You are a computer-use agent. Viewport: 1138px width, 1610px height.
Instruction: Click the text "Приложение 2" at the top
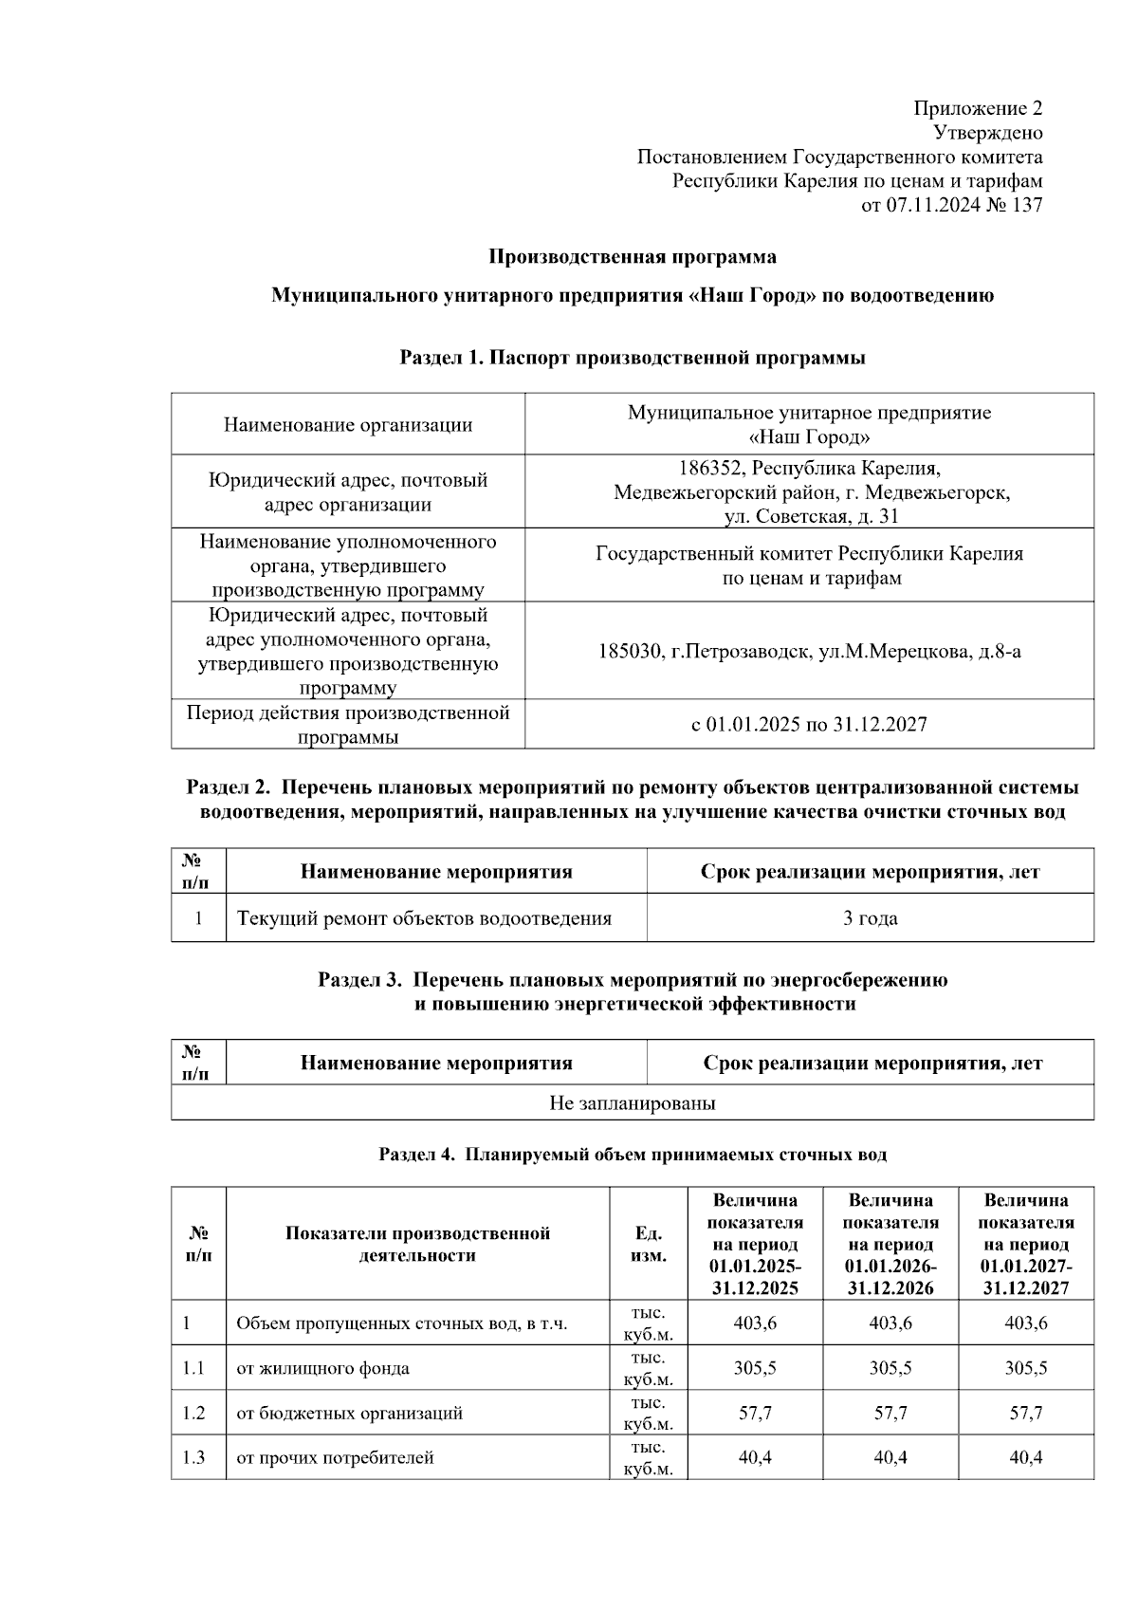coord(978,108)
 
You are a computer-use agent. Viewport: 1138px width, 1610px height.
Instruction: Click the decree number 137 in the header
coord(1027,205)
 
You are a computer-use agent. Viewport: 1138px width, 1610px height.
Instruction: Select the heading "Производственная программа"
coord(632,256)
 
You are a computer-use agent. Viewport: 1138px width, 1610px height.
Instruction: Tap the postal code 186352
coord(710,469)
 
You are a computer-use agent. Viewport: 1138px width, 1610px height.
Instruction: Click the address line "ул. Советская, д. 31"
coord(811,516)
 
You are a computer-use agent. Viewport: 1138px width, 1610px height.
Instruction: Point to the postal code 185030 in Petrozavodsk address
coord(631,652)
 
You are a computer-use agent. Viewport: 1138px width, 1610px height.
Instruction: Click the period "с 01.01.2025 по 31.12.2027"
coord(809,725)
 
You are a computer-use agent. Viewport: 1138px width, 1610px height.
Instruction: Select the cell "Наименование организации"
coord(347,425)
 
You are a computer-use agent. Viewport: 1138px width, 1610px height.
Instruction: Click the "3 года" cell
coord(870,918)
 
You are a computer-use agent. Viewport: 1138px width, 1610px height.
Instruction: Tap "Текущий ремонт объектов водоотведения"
coord(424,918)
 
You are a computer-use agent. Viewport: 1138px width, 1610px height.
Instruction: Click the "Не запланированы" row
coord(632,1103)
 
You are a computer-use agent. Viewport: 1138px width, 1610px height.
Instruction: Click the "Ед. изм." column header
coord(648,1244)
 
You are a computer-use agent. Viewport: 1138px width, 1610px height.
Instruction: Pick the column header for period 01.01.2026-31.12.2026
coord(890,1244)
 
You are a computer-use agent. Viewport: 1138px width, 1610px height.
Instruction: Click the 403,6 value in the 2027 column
coord(1025,1323)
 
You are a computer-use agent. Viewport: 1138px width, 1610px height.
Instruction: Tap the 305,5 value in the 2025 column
coord(755,1368)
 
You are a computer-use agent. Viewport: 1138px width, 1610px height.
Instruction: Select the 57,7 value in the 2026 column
coord(890,1413)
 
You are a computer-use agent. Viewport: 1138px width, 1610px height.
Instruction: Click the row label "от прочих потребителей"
coord(335,1457)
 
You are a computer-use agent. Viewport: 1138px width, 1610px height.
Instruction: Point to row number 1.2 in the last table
coord(193,1413)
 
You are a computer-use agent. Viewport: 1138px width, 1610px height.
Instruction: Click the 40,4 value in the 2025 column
coord(755,1457)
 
